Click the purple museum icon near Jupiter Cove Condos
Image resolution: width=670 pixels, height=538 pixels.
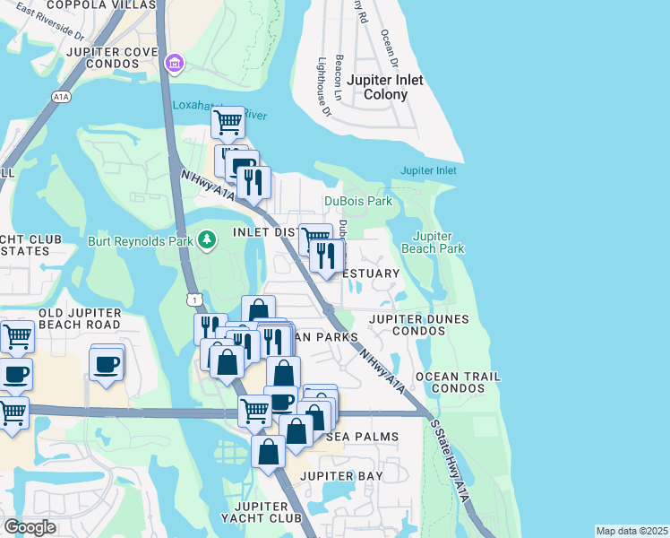coord(174,64)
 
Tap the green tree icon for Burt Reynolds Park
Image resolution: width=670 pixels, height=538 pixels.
coord(207,239)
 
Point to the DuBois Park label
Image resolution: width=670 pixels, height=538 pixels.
coord(358,202)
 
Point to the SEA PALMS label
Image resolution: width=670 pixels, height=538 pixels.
coord(360,437)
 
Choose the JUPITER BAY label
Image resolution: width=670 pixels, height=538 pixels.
coord(341,475)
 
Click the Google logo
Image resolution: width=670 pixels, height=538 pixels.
coord(30,526)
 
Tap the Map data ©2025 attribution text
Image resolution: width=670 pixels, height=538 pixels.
coord(631,531)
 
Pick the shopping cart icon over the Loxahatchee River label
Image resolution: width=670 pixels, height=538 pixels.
coord(228,121)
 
